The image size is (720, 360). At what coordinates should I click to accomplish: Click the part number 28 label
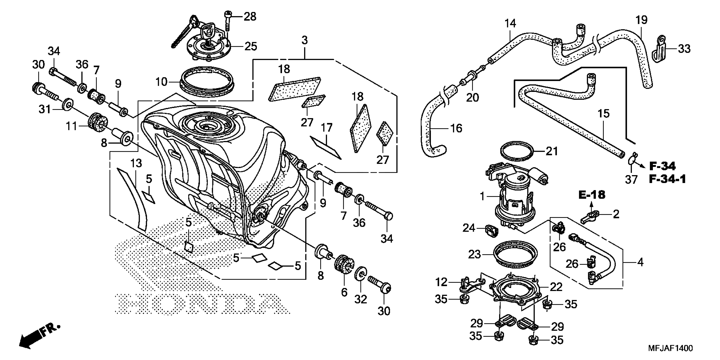(x=250, y=17)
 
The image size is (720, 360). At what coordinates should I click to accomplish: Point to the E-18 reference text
(x=592, y=195)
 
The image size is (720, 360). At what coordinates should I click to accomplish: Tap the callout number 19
(x=641, y=20)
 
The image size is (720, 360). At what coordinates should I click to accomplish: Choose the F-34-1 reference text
(x=667, y=179)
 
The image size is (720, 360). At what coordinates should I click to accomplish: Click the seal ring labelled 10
(x=206, y=80)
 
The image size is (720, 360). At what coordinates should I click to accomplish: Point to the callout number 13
(x=136, y=163)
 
